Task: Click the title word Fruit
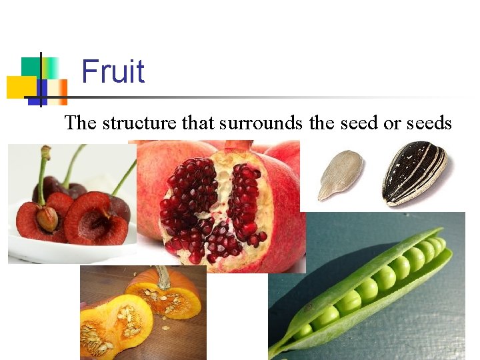tap(113, 71)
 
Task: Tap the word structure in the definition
tap(134, 123)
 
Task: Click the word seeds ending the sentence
tap(428, 123)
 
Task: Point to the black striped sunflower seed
tap(414, 172)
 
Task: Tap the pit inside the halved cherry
tap(47, 219)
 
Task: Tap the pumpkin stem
tap(162, 277)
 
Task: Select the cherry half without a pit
tap(97, 218)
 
